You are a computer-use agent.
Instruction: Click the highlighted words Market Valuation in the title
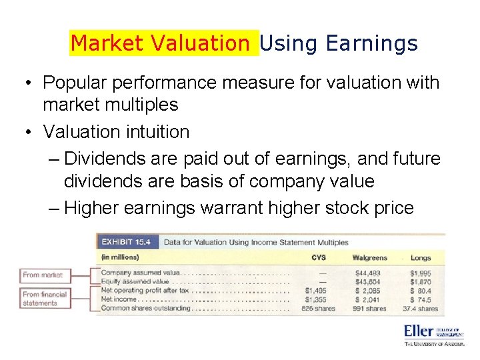160,44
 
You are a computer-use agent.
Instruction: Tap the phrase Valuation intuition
116,131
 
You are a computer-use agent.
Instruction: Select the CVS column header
319,257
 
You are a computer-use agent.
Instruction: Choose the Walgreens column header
370,257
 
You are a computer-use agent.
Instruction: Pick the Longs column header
421,257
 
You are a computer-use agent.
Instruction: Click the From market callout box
43,275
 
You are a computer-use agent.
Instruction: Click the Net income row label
119,300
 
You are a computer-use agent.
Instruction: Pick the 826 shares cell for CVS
317,309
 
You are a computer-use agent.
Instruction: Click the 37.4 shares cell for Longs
420,309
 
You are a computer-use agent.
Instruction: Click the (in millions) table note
121,257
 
